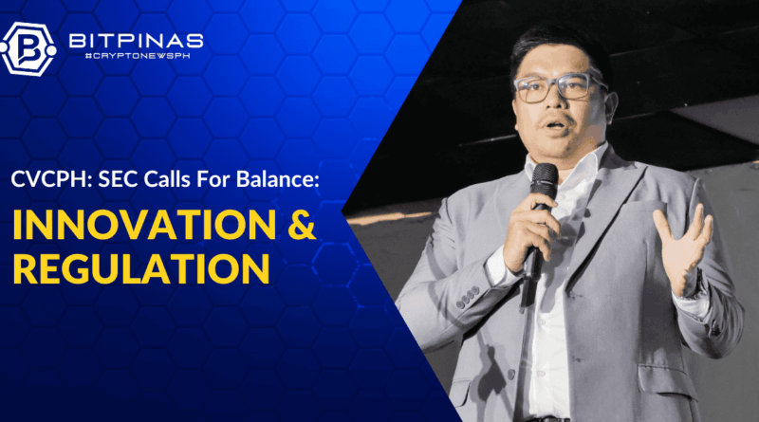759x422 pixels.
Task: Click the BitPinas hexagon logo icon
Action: point(28,49)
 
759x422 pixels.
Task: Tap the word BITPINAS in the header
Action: point(136,41)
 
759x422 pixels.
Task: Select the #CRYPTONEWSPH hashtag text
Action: point(138,56)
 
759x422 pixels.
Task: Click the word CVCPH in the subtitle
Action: point(48,179)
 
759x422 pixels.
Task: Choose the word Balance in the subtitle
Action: point(277,179)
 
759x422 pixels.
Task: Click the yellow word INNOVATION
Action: point(144,225)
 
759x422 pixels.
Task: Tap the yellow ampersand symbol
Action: point(302,225)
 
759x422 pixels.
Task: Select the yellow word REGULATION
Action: point(140,267)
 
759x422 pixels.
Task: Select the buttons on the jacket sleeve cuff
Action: point(467,297)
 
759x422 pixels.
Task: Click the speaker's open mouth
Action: point(555,126)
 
